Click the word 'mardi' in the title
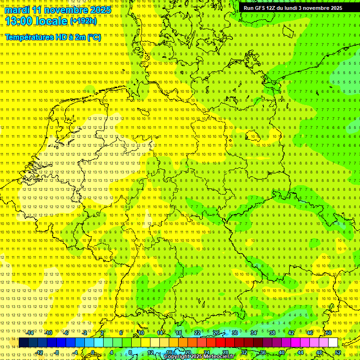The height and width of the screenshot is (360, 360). coord(17,10)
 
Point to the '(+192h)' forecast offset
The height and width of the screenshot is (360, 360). coord(83,21)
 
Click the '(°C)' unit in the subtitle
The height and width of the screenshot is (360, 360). coord(94,37)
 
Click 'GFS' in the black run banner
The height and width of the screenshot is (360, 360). coord(261,8)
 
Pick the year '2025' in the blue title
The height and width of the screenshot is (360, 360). coord(100,10)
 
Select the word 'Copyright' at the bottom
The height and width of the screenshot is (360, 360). coord(178,357)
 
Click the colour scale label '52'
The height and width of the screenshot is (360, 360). coord(338,352)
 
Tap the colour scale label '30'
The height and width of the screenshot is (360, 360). coord(234,333)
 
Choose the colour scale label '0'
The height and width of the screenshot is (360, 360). coord(93,352)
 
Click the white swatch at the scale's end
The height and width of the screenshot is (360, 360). coord(333,343)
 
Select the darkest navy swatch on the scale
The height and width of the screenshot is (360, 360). coord(23,343)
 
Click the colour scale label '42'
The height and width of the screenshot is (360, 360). coord(291,333)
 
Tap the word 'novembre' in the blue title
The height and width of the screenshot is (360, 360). coord(66,10)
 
